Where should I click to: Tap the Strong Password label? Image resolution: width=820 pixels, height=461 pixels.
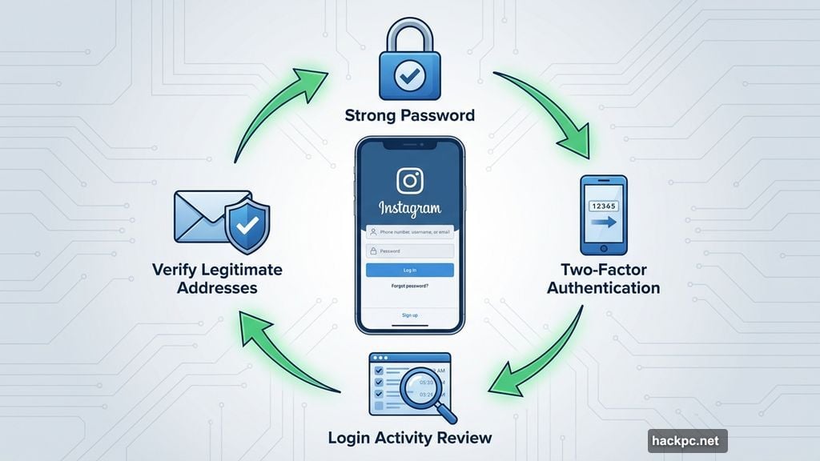(x=409, y=115)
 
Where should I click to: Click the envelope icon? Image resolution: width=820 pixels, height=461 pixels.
(x=199, y=218)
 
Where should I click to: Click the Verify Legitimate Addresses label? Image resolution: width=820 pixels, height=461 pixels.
(x=217, y=278)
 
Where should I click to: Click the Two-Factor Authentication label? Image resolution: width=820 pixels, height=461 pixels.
(x=603, y=279)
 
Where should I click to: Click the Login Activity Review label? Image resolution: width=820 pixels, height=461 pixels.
(x=409, y=437)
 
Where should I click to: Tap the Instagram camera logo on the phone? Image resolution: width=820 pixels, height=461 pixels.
(x=409, y=180)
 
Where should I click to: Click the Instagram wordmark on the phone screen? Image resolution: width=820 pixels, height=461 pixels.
(x=409, y=210)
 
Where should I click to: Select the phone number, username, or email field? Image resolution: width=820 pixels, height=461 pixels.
(x=409, y=233)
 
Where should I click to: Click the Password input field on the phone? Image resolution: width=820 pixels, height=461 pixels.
(x=409, y=251)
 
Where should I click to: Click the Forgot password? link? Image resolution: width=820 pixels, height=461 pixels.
(x=409, y=286)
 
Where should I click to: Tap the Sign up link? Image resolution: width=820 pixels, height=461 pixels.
(x=409, y=315)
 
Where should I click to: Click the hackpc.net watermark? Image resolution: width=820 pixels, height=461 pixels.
(x=687, y=440)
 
